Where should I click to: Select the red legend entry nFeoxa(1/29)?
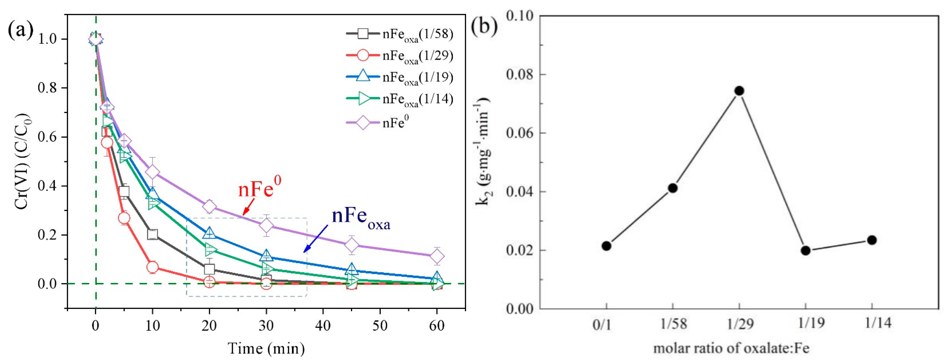click(x=399, y=55)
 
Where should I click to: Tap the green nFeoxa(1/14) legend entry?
click(x=399, y=99)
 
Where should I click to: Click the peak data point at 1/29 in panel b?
click(x=739, y=91)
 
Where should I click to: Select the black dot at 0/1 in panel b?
click(x=606, y=246)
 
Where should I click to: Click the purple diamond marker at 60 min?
click(x=437, y=256)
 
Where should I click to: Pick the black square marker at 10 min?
click(x=153, y=234)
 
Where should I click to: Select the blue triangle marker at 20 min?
click(x=209, y=233)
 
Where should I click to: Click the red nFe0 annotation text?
click(x=259, y=189)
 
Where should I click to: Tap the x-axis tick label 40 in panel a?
click(x=323, y=326)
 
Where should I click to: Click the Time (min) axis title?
click(x=266, y=348)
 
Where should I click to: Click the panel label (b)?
click(x=484, y=27)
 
